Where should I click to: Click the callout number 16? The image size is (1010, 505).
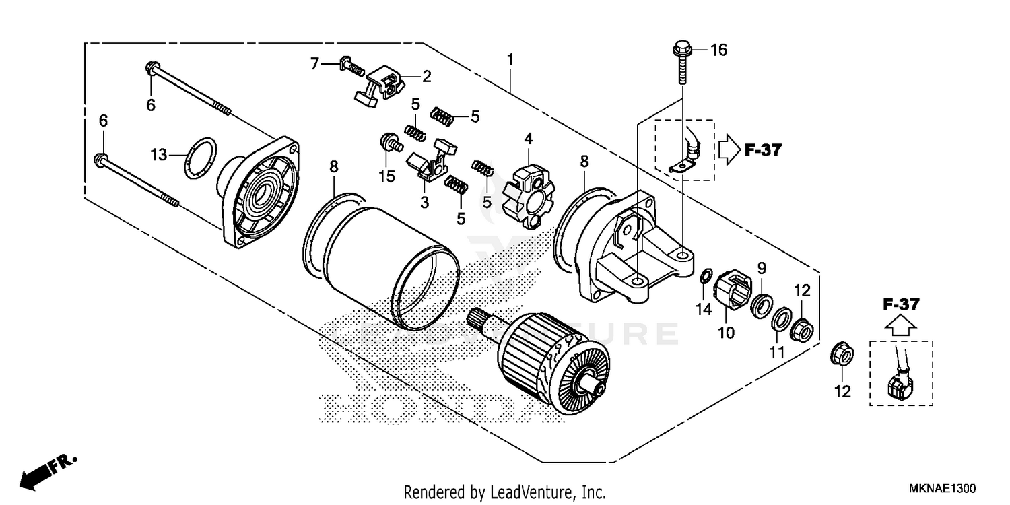tap(718, 50)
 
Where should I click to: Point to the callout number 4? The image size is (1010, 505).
tap(529, 139)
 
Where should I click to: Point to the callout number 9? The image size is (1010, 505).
tap(761, 268)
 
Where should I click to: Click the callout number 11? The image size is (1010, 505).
tap(778, 351)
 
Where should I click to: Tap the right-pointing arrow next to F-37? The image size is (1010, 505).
tap(729, 149)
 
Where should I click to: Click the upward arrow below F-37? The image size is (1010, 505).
tap(900, 327)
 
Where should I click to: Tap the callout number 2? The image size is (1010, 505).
tap(427, 76)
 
